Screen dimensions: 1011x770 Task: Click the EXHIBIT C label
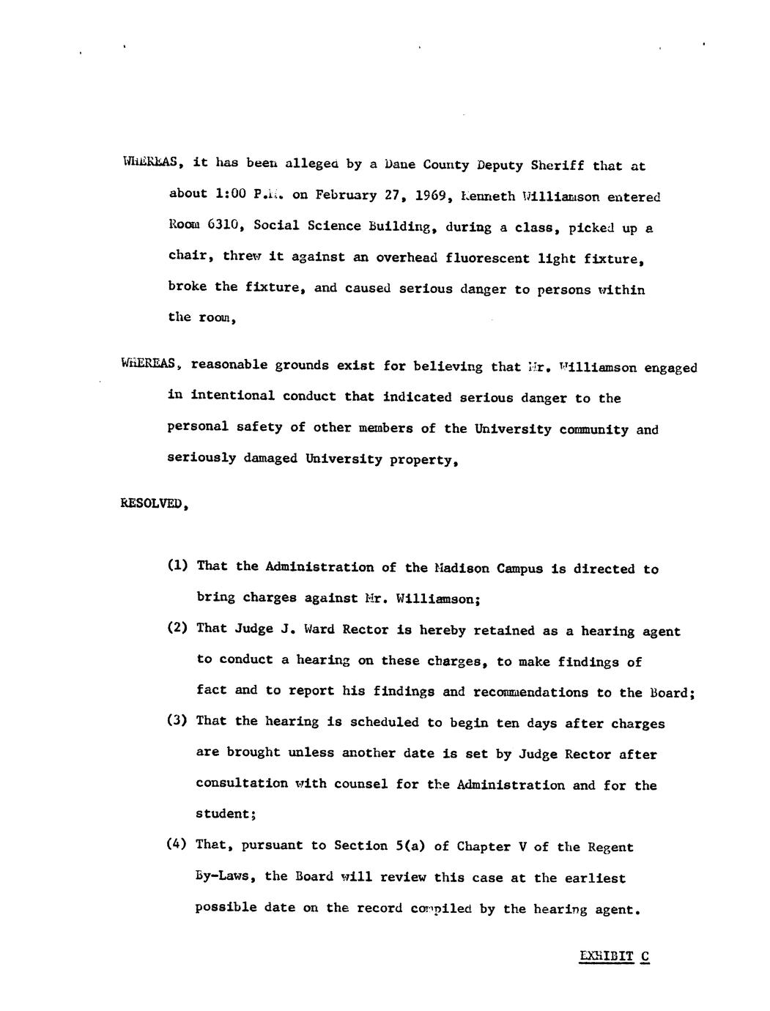click(x=614, y=955)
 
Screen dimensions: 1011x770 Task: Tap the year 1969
click(x=432, y=196)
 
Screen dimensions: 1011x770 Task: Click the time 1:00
click(x=231, y=194)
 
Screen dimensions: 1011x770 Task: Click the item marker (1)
click(x=177, y=566)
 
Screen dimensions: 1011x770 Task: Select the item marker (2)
click(x=177, y=628)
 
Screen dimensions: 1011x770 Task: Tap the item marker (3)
click(x=177, y=720)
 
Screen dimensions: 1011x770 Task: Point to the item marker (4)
click(x=177, y=844)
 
